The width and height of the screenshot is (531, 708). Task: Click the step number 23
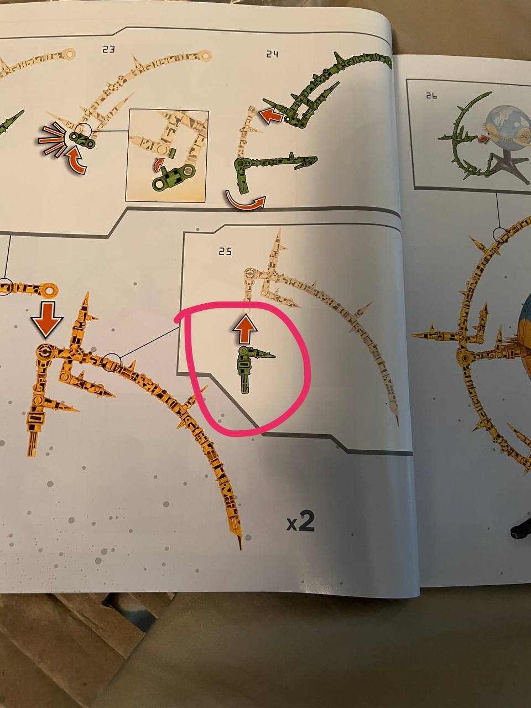point(108,49)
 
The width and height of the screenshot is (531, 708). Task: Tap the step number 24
point(272,54)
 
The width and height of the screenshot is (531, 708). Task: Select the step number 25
point(225,251)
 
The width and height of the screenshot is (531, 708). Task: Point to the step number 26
point(431,96)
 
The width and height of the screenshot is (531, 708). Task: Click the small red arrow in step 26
point(483,138)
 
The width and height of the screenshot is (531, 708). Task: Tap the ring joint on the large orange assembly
point(45,352)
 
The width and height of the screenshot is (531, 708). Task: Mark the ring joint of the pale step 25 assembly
point(250,274)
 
